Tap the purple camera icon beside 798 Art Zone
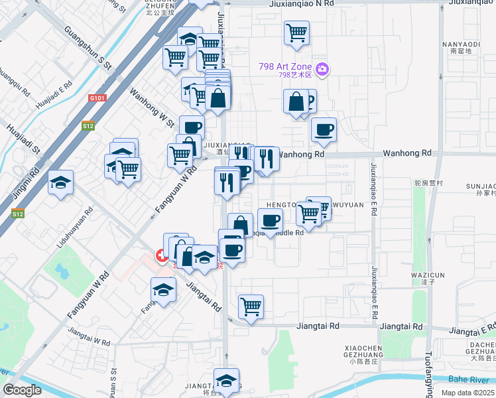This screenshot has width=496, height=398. pyautogui.click(x=323, y=68)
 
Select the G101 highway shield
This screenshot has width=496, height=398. pyautogui.click(x=97, y=98)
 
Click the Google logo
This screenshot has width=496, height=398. pyautogui.click(x=21, y=390)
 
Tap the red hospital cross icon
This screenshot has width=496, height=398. pyautogui.click(x=160, y=255)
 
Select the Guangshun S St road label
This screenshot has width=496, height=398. pyautogui.click(x=88, y=48)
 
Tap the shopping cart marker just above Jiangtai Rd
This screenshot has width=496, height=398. pyautogui.click(x=251, y=306)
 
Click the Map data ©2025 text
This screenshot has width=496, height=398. pyautogui.click(x=468, y=393)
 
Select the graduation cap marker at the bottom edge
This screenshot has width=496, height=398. pyautogui.click(x=226, y=381)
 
